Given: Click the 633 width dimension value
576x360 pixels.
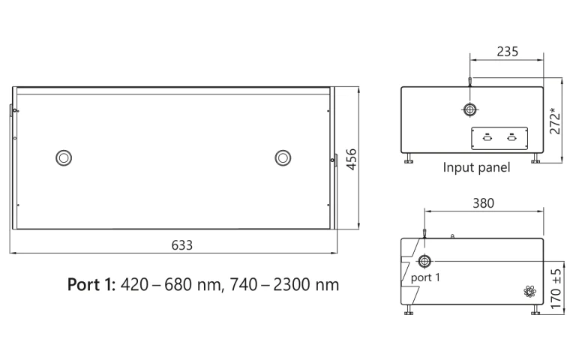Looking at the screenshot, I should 182,244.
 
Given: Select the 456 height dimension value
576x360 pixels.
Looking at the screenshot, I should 350,160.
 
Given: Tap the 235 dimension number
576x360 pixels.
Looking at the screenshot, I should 507,52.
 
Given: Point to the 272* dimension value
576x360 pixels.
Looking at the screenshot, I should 554,120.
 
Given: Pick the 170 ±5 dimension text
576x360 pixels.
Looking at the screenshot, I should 555,289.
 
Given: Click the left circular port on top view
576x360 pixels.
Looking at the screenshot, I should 64,157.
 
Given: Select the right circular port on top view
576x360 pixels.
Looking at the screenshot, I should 283,157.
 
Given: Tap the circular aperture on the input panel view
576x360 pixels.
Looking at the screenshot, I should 469,110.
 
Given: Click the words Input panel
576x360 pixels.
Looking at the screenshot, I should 476,167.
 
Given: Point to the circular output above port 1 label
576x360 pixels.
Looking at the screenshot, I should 424,261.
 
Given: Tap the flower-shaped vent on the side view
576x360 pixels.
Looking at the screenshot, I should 529,292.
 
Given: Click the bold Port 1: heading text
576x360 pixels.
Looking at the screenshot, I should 91,285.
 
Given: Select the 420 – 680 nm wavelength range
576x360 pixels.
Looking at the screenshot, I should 163,285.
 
